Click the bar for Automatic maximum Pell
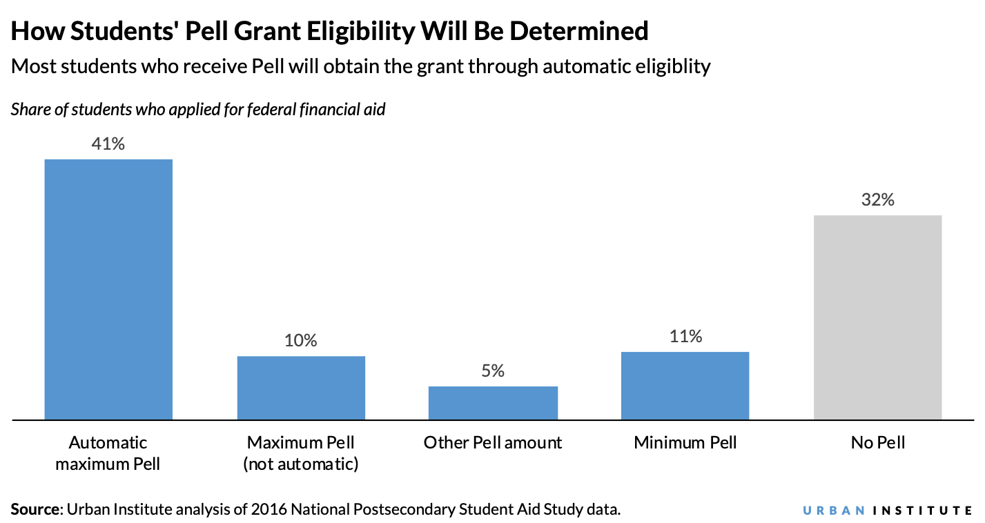108,289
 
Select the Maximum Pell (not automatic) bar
301,387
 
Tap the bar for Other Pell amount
493,402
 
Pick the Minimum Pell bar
685,385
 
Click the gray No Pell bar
877,317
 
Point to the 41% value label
108,144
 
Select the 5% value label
493,371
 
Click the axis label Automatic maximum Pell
108,453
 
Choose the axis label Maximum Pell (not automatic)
301,453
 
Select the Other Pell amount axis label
493,442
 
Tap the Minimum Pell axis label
685,442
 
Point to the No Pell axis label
877,442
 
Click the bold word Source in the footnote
35,509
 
